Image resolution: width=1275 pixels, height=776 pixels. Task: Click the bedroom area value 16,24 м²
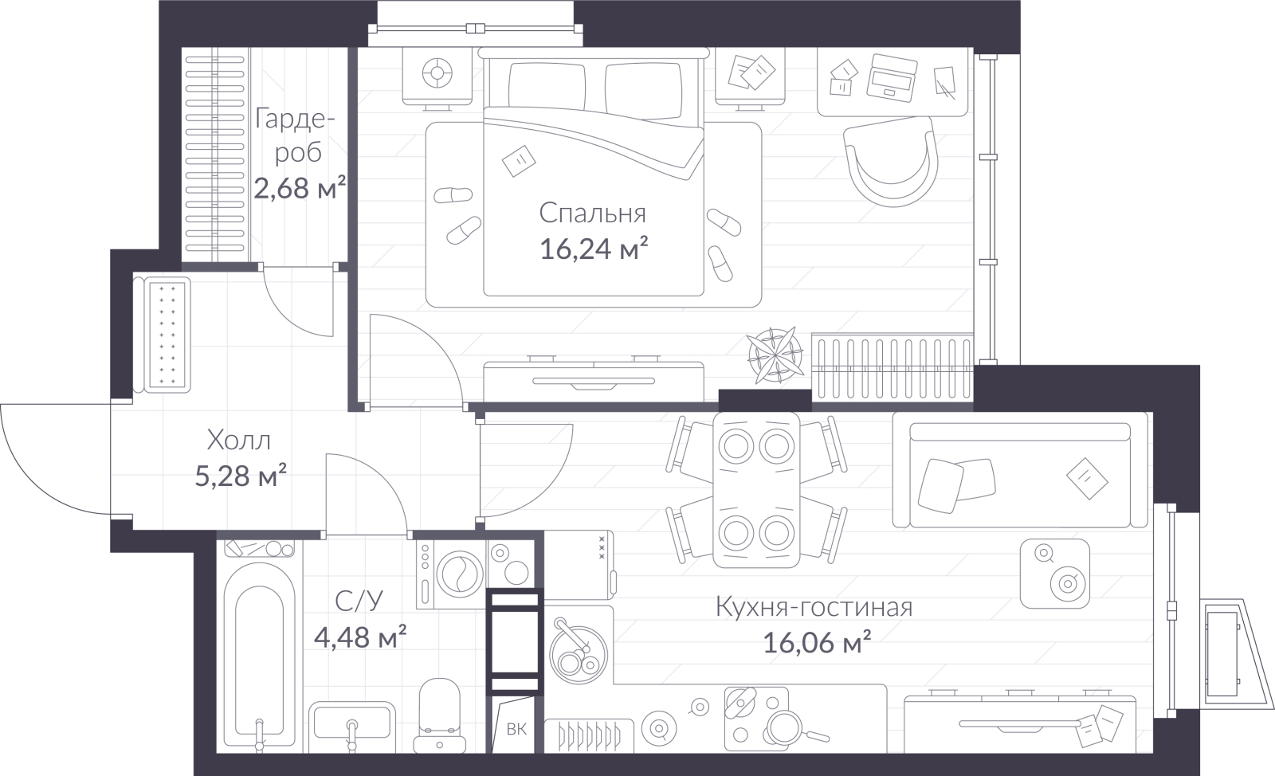click(x=594, y=249)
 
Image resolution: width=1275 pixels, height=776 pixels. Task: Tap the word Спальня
click(x=593, y=214)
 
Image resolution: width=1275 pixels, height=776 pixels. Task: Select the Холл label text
click(x=238, y=441)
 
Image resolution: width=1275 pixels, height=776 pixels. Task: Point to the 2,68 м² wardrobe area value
click(x=300, y=187)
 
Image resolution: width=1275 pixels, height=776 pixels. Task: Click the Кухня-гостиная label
click(x=814, y=607)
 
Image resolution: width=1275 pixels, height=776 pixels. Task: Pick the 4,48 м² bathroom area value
click(x=359, y=637)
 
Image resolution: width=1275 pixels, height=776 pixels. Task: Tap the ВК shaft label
click(x=516, y=729)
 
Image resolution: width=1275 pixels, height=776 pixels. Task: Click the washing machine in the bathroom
click(x=451, y=574)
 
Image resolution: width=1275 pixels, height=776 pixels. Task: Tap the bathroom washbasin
click(x=352, y=728)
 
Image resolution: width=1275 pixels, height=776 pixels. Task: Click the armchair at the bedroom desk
click(x=892, y=163)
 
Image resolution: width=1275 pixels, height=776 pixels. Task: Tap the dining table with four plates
click(x=756, y=490)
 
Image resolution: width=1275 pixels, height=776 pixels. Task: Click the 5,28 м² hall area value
click(x=240, y=476)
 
